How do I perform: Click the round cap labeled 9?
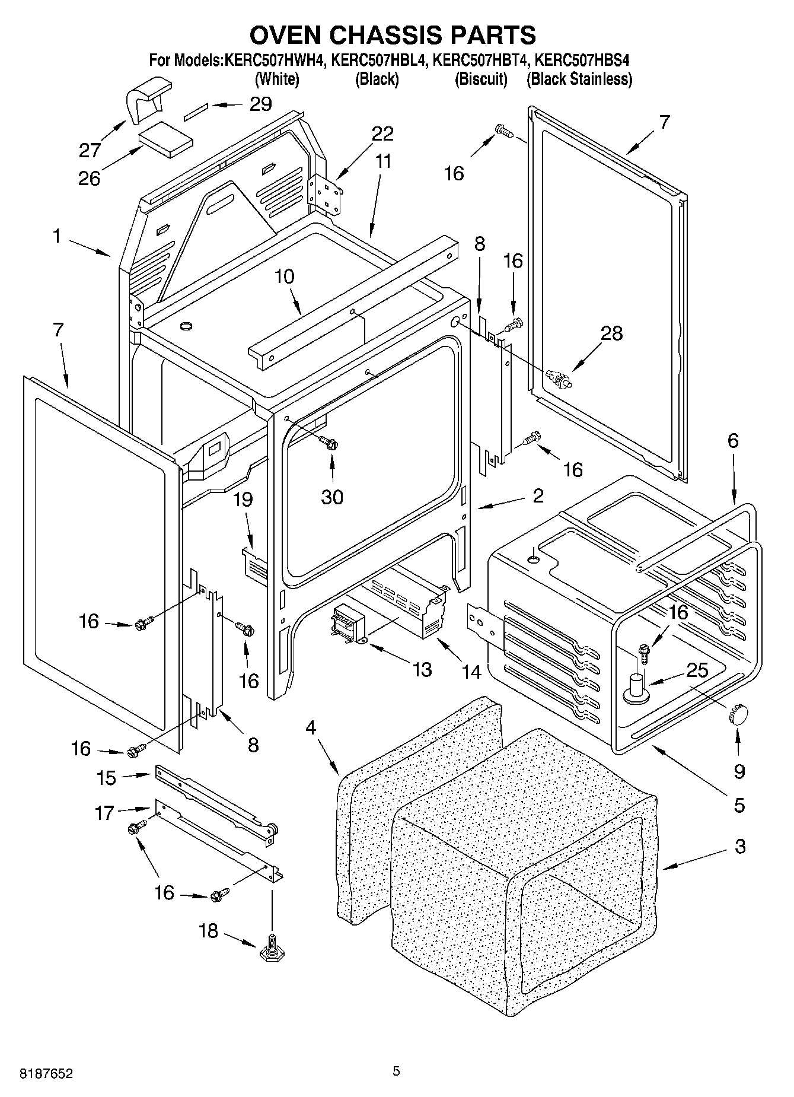pyautogui.click(x=738, y=714)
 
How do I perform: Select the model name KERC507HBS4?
pyautogui.click(x=582, y=60)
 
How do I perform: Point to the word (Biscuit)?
pyautogui.click(x=481, y=79)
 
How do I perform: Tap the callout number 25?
pyautogui.click(x=697, y=670)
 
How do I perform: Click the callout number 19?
pyautogui.click(x=243, y=500)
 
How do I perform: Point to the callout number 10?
pyautogui.click(x=285, y=276)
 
